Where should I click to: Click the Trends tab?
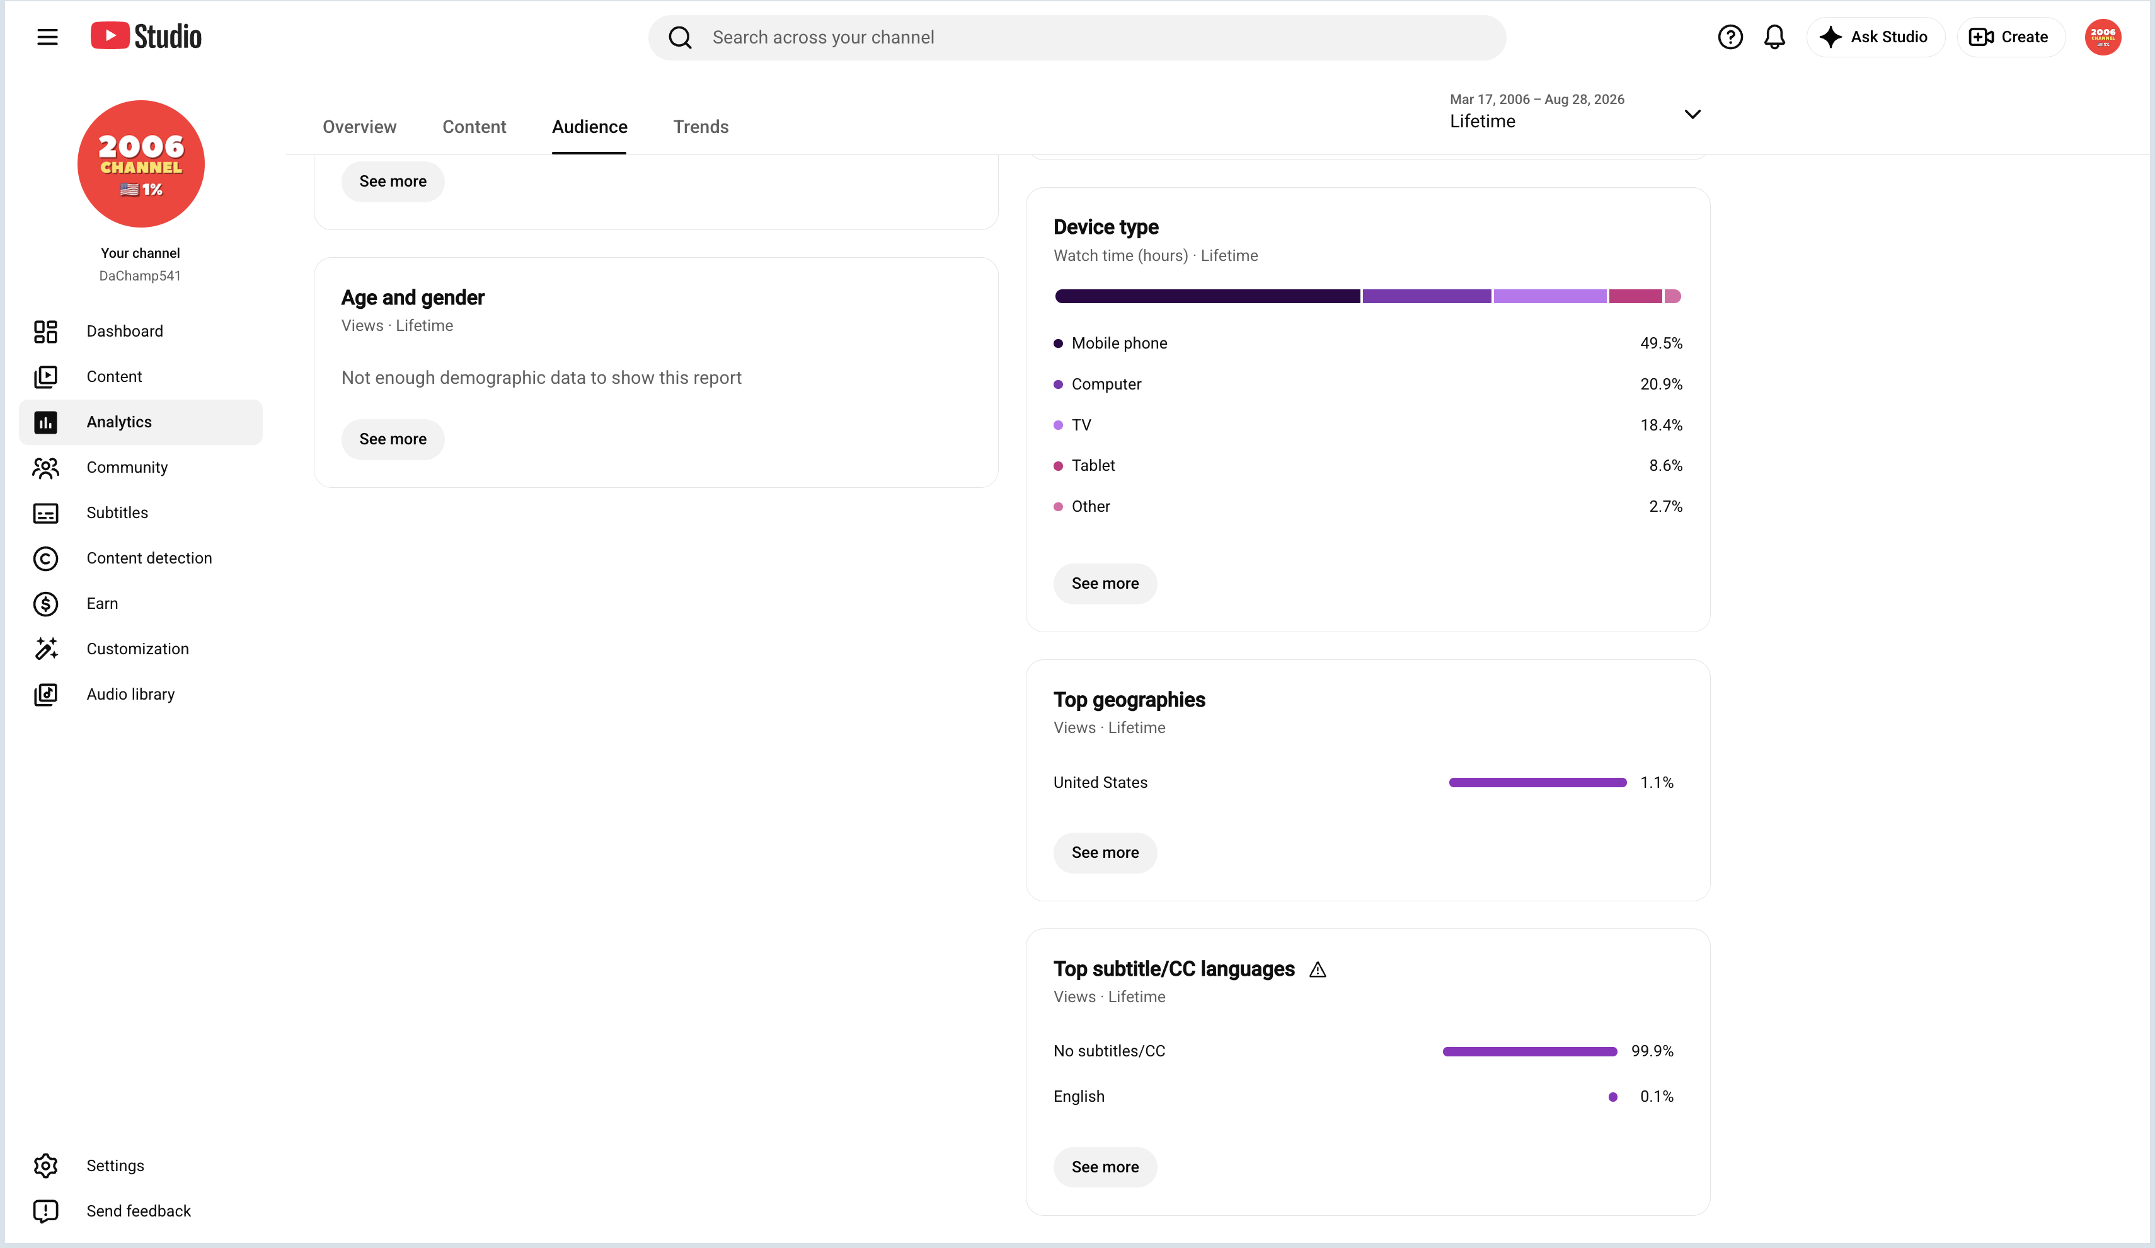point(701,127)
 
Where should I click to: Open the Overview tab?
point(359,127)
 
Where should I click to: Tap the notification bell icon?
point(1774,37)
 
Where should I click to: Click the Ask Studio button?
point(1875,37)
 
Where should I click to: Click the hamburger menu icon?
point(47,37)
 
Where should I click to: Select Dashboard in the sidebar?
point(124,331)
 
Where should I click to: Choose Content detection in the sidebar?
point(149,558)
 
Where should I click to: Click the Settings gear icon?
point(45,1165)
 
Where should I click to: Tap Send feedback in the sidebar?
point(139,1210)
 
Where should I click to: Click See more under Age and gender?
point(393,439)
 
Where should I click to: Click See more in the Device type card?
point(1105,584)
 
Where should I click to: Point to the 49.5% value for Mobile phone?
point(1661,343)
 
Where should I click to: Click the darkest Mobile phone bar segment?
point(1207,296)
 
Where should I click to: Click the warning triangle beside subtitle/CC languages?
point(1318,969)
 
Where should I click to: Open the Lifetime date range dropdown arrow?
point(1692,113)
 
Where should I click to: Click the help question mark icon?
point(1730,37)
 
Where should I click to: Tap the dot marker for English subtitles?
point(1613,1097)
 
